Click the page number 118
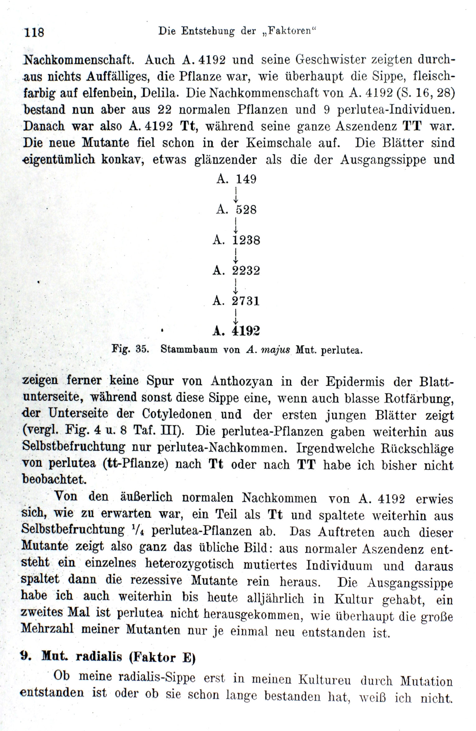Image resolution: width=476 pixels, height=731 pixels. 34,32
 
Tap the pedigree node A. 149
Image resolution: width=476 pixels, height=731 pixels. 236,179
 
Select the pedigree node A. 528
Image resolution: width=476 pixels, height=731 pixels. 236,210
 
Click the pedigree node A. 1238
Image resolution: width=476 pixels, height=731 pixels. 236,240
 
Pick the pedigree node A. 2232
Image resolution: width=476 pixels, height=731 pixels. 236,270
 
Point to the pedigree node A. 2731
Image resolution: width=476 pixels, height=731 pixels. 236,301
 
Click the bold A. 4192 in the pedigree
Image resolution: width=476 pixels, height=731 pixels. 236,331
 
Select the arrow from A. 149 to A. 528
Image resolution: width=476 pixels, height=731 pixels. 236,194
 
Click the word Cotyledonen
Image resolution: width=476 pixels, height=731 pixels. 177,414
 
